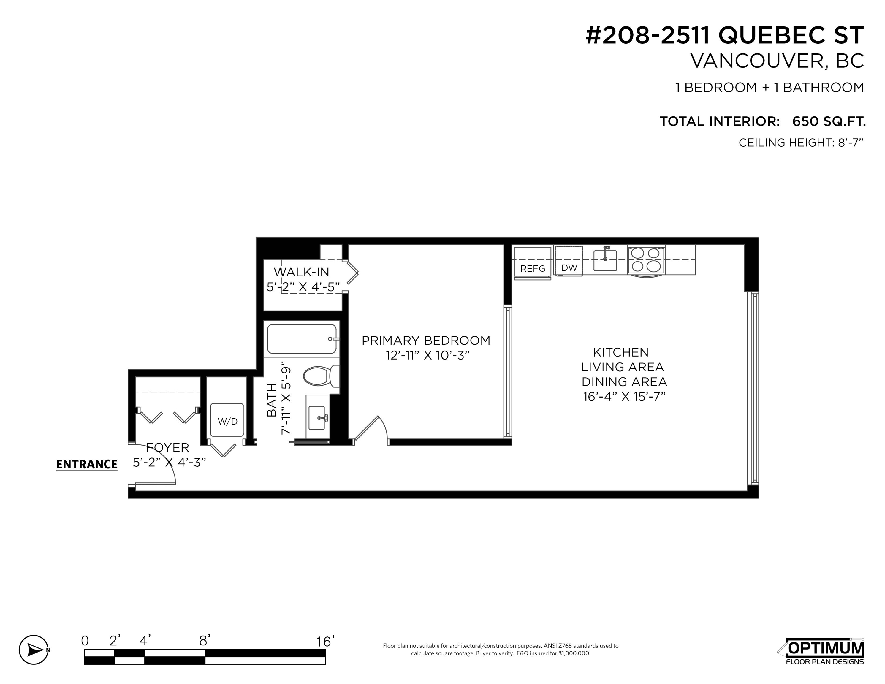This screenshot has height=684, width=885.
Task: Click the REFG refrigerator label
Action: click(x=533, y=269)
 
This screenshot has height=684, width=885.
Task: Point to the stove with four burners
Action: click(x=646, y=259)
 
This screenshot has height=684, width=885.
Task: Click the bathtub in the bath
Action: click(x=302, y=339)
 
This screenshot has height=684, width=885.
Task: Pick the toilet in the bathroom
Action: click(x=321, y=376)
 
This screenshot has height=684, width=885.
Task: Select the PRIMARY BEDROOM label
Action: click(x=426, y=341)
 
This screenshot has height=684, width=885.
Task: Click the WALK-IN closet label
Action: click(x=302, y=272)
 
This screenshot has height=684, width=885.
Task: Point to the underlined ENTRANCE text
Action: click(x=87, y=464)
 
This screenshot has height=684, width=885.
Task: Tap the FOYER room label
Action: click(x=167, y=447)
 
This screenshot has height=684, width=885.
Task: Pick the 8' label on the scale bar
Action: click(x=205, y=641)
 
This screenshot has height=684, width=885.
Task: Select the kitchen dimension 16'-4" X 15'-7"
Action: click(x=624, y=396)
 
